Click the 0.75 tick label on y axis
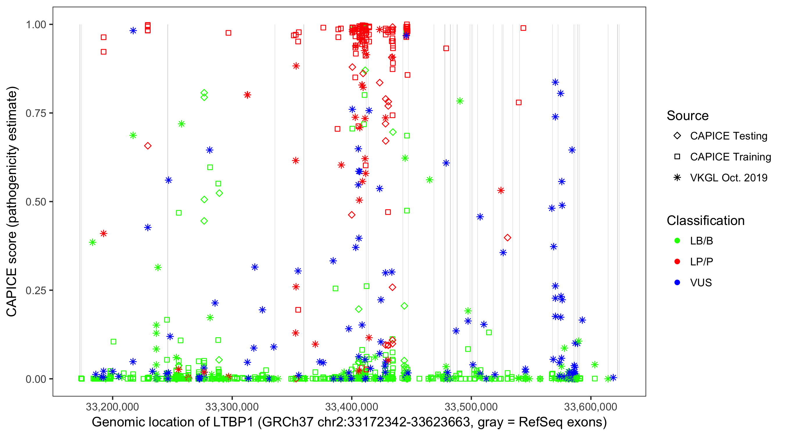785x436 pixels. pos(35,113)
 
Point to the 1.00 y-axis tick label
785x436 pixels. pos(35,25)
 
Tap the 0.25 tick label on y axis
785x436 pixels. pos(35,290)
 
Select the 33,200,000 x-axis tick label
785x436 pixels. pos(113,407)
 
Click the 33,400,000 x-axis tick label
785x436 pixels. pos(352,407)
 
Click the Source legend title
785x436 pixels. pos(688,116)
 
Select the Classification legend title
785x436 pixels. pos(705,221)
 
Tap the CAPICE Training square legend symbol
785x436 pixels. pos(677,157)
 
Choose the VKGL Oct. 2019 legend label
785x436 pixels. pos(729,178)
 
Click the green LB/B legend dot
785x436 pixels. pos(677,241)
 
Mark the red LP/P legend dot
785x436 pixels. pos(677,262)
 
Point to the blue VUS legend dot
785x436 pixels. pos(677,283)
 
